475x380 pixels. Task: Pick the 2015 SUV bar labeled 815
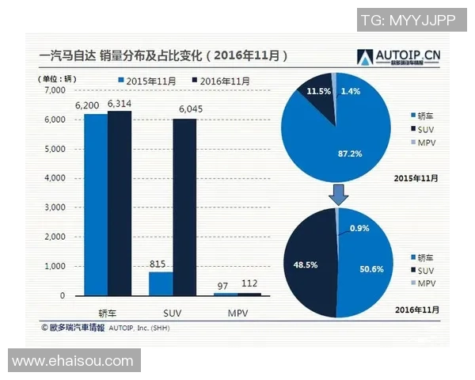pos(161,283)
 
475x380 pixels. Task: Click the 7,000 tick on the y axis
pos(54,90)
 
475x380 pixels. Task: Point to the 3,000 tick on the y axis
pos(54,207)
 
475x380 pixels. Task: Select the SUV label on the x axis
pos(173,310)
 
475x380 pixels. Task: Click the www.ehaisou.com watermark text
pos(73,361)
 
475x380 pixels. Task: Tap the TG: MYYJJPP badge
pos(408,21)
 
